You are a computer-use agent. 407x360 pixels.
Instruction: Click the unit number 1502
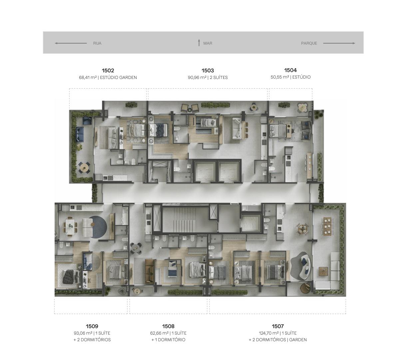(108, 71)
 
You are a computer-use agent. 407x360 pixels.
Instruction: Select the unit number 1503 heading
(208, 71)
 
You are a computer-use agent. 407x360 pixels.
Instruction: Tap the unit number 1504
(290, 70)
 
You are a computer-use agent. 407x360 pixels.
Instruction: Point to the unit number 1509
(92, 326)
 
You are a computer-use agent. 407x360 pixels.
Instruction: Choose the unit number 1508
(168, 326)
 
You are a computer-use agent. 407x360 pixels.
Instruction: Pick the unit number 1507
(278, 326)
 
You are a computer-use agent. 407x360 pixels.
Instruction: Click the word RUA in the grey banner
(97, 43)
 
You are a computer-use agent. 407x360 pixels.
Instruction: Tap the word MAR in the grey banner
(208, 43)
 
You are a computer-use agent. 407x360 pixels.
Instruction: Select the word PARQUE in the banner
(309, 43)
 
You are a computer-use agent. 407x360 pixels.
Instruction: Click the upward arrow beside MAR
(199, 43)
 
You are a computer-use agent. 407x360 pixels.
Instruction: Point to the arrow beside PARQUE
(339, 43)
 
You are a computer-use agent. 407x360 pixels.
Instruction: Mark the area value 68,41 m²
(88, 77)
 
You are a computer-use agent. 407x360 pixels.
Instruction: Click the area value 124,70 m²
(269, 333)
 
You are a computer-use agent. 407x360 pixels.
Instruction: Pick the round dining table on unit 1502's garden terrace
(85, 167)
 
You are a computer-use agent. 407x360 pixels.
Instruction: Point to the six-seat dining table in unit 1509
(70, 226)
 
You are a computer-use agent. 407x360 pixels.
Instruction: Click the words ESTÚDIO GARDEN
(118, 77)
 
